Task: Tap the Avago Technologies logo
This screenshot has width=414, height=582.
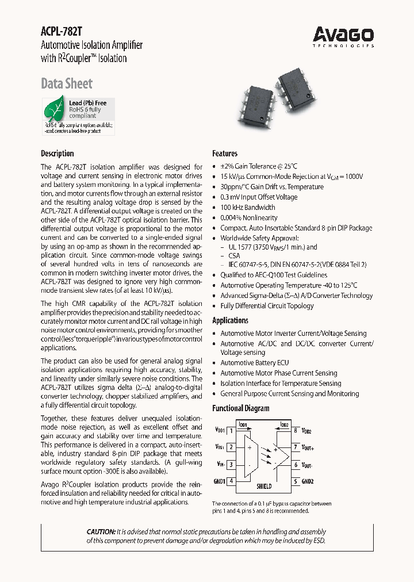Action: click(x=343, y=36)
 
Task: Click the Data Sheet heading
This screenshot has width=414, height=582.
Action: click(x=66, y=84)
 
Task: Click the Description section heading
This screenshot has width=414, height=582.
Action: click(x=57, y=154)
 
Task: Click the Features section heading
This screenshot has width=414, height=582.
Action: click(x=225, y=154)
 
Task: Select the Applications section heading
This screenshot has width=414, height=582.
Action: click(x=230, y=320)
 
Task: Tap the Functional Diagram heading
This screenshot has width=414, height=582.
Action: click(x=240, y=408)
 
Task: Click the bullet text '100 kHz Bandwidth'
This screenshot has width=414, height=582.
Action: click(x=248, y=208)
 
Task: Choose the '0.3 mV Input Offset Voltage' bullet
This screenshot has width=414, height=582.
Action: click(x=259, y=197)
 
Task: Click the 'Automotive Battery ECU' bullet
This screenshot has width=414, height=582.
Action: click(x=255, y=363)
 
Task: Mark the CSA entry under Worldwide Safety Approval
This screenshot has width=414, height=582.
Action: click(x=234, y=256)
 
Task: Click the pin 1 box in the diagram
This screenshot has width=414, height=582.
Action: click(x=231, y=430)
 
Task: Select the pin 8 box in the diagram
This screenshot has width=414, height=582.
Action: click(x=296, y=430)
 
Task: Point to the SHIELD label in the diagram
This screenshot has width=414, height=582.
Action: click(x=264, y=486)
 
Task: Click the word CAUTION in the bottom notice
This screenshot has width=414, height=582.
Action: click(x=100, y=532)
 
